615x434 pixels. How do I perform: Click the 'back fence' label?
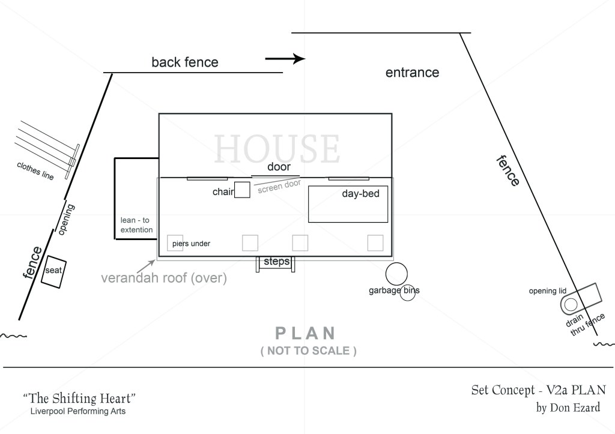pyautogui.click(x=185, y=62)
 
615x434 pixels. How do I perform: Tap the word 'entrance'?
pyautogui.click(x=412, y=73)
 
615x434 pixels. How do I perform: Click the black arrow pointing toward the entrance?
pyautogui.click(x=285, y=59)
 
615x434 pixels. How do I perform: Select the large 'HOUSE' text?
pyautogui.click(x=277, y=148)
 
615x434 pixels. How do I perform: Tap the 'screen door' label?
pyautogui.click(x=279, y=186)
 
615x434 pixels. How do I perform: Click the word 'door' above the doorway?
pyautogui.click(x=279, y=167)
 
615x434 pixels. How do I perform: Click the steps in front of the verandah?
pyautogui.click(x=276, y=264)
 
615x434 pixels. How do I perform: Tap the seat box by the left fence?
pyautogui.click(x=53, y=272)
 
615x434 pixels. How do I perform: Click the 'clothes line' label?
pyautogui.click(x=35, y=171)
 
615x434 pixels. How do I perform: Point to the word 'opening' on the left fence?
pyautogui.click(x=65, y=220)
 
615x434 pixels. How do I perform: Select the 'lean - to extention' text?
pyautogui.click(x=136, y=225)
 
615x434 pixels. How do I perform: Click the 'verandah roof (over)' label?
pyautogui.click(x=164, y=278)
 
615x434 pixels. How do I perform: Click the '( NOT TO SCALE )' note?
pyautogui.click(x=308, y=351)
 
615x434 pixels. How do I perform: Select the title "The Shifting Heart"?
pyautogui.click(x=80, y=399)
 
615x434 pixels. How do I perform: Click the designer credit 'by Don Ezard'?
pyautogui.click(x=568, y=408)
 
